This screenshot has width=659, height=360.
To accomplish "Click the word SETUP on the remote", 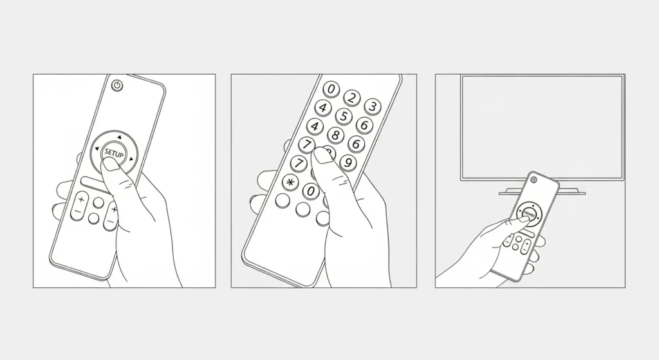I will [x=113, y=154].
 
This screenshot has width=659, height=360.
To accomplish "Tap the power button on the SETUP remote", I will [x=116, y=85].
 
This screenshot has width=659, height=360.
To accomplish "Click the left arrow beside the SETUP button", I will [x=96, y=150].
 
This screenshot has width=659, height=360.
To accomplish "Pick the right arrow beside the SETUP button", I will [x=131, y=158].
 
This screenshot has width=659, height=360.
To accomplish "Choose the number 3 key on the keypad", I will [x=371, y=106].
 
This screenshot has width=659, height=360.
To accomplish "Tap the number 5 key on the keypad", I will [x=344, y=117].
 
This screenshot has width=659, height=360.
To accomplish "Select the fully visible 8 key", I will [x=335, y=135].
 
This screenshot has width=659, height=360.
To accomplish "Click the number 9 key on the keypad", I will [x=348, y=162].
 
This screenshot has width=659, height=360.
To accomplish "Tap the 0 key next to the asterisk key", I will [x=311, y=191].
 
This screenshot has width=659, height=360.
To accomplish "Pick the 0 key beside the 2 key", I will [x=331, y=89].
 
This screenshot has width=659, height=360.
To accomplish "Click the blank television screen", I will [x=541, y=126].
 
